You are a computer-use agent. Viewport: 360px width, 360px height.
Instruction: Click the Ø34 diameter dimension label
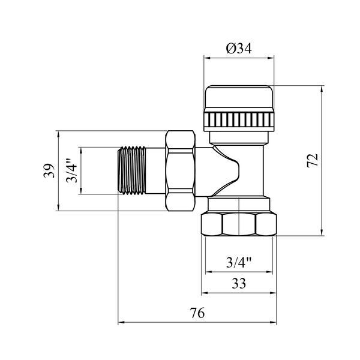point(239,49)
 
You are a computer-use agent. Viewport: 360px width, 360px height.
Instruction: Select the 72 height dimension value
point(313,160)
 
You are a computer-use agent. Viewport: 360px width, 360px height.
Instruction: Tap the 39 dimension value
point(49,170)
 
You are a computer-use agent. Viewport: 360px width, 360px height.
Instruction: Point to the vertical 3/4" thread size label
point(71,170)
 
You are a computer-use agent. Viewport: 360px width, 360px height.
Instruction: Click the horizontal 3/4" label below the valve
point(239,262)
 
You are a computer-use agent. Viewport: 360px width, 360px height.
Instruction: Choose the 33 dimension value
point(239,283)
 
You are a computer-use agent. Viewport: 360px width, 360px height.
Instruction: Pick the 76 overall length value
point(197,313)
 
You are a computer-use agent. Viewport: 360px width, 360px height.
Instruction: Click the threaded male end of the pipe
point(132,170)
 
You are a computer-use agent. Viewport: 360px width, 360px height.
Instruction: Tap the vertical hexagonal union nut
point(180,170)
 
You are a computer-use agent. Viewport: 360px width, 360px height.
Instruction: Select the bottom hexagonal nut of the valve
point(239,224)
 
